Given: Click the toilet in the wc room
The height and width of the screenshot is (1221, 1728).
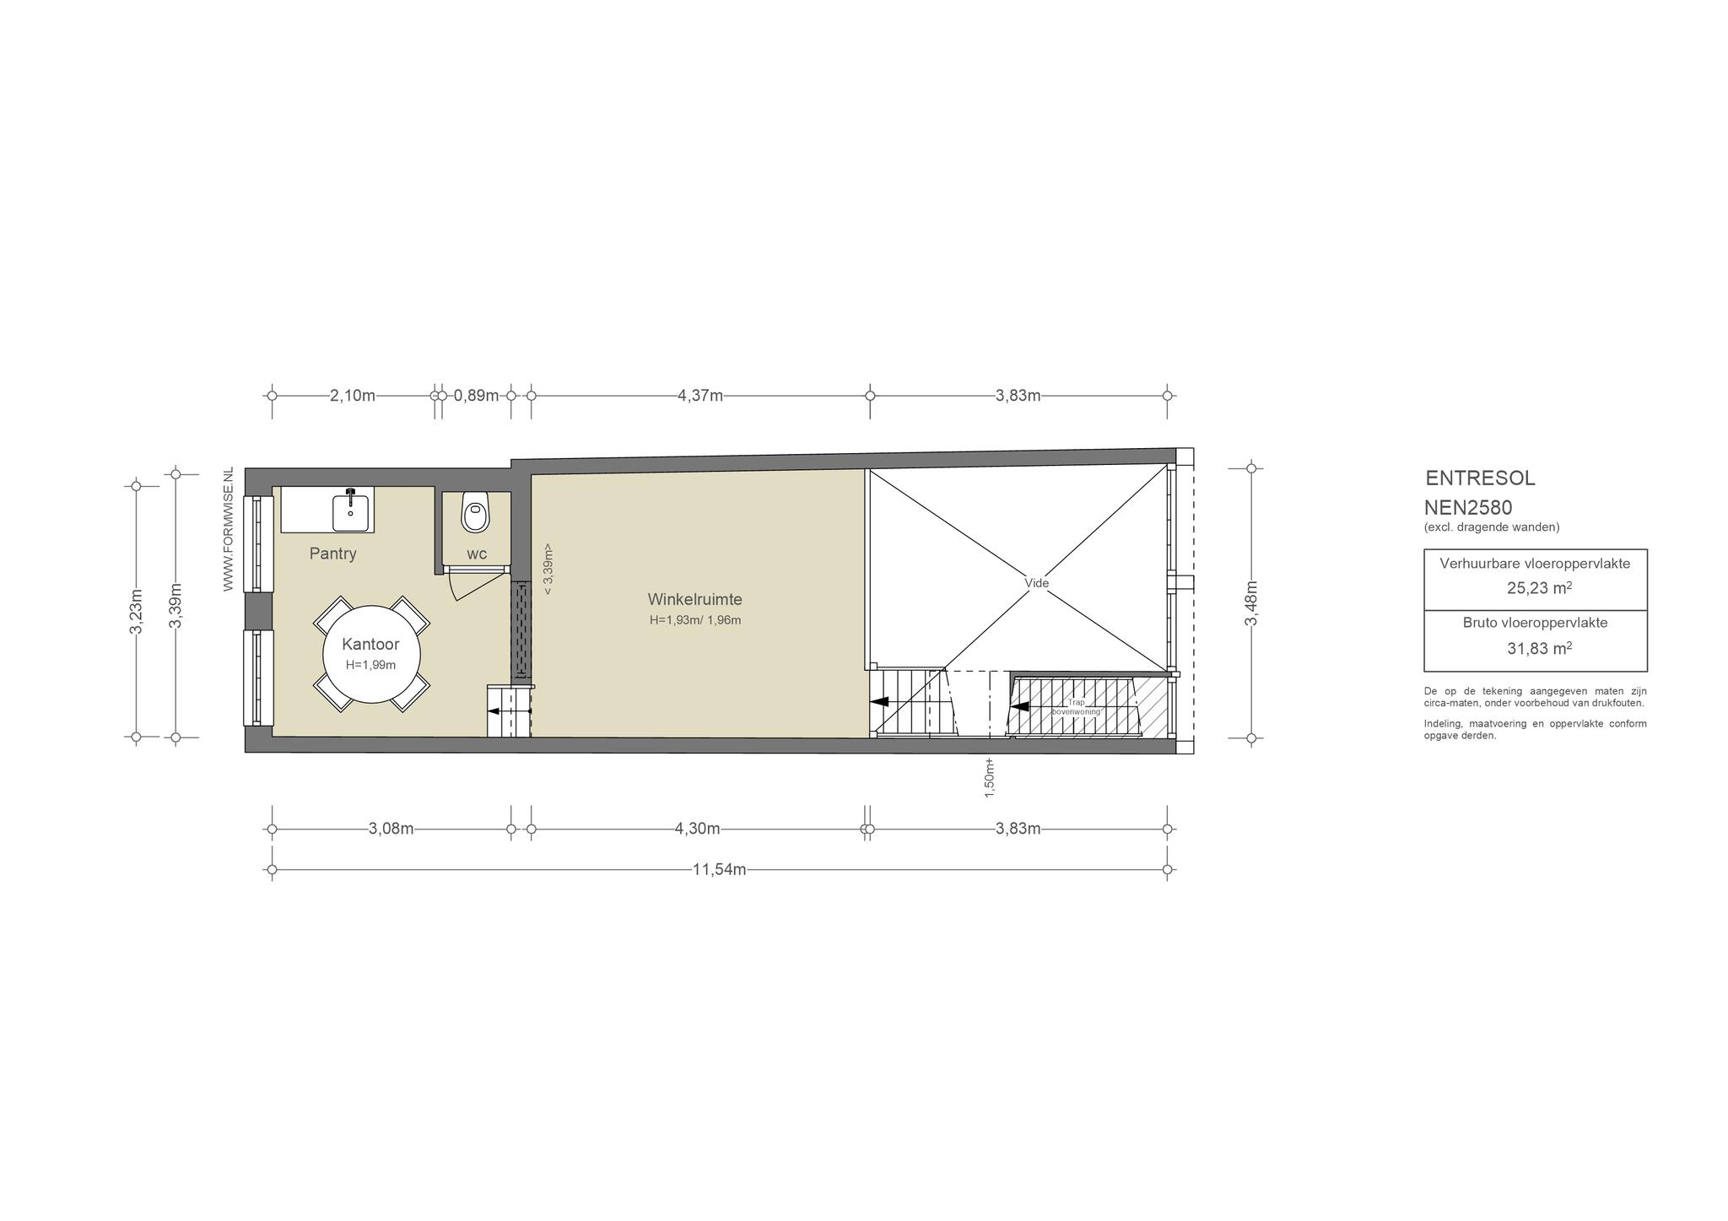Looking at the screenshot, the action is (x=476, y=511).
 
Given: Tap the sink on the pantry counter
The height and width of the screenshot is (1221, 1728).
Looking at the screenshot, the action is (x=350, y=511).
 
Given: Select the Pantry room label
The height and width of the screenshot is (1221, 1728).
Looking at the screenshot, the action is (x=332, y=554).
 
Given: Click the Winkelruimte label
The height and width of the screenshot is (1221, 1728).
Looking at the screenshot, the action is (x=694, y=600).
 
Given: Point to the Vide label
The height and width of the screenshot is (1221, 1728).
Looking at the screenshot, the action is (x=1036, y=583).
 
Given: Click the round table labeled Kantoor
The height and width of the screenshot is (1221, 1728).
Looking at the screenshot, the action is (x=372, y=654).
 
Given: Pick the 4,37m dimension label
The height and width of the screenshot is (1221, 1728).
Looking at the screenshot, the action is (x=700, y=396).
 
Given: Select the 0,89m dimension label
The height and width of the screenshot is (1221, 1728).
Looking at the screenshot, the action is (x=476, y=396).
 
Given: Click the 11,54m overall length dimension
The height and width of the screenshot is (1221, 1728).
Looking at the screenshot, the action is (x=719, y=870).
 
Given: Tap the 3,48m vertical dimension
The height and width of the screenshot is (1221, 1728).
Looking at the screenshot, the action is (x=1252, y=603).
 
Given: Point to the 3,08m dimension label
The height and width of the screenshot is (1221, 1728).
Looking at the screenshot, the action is (x=391, y=829).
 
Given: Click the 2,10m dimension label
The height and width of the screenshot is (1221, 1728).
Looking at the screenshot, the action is (x=353, y=396).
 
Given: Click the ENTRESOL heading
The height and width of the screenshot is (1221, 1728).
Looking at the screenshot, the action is (x=1480, y=478).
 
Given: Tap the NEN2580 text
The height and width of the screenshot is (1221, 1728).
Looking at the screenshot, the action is (x=1468, y=508).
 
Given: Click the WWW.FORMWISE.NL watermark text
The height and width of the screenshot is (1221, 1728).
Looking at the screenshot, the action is (x=228, y=529).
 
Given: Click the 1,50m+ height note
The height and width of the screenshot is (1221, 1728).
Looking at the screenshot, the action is (x=990, y=777).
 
